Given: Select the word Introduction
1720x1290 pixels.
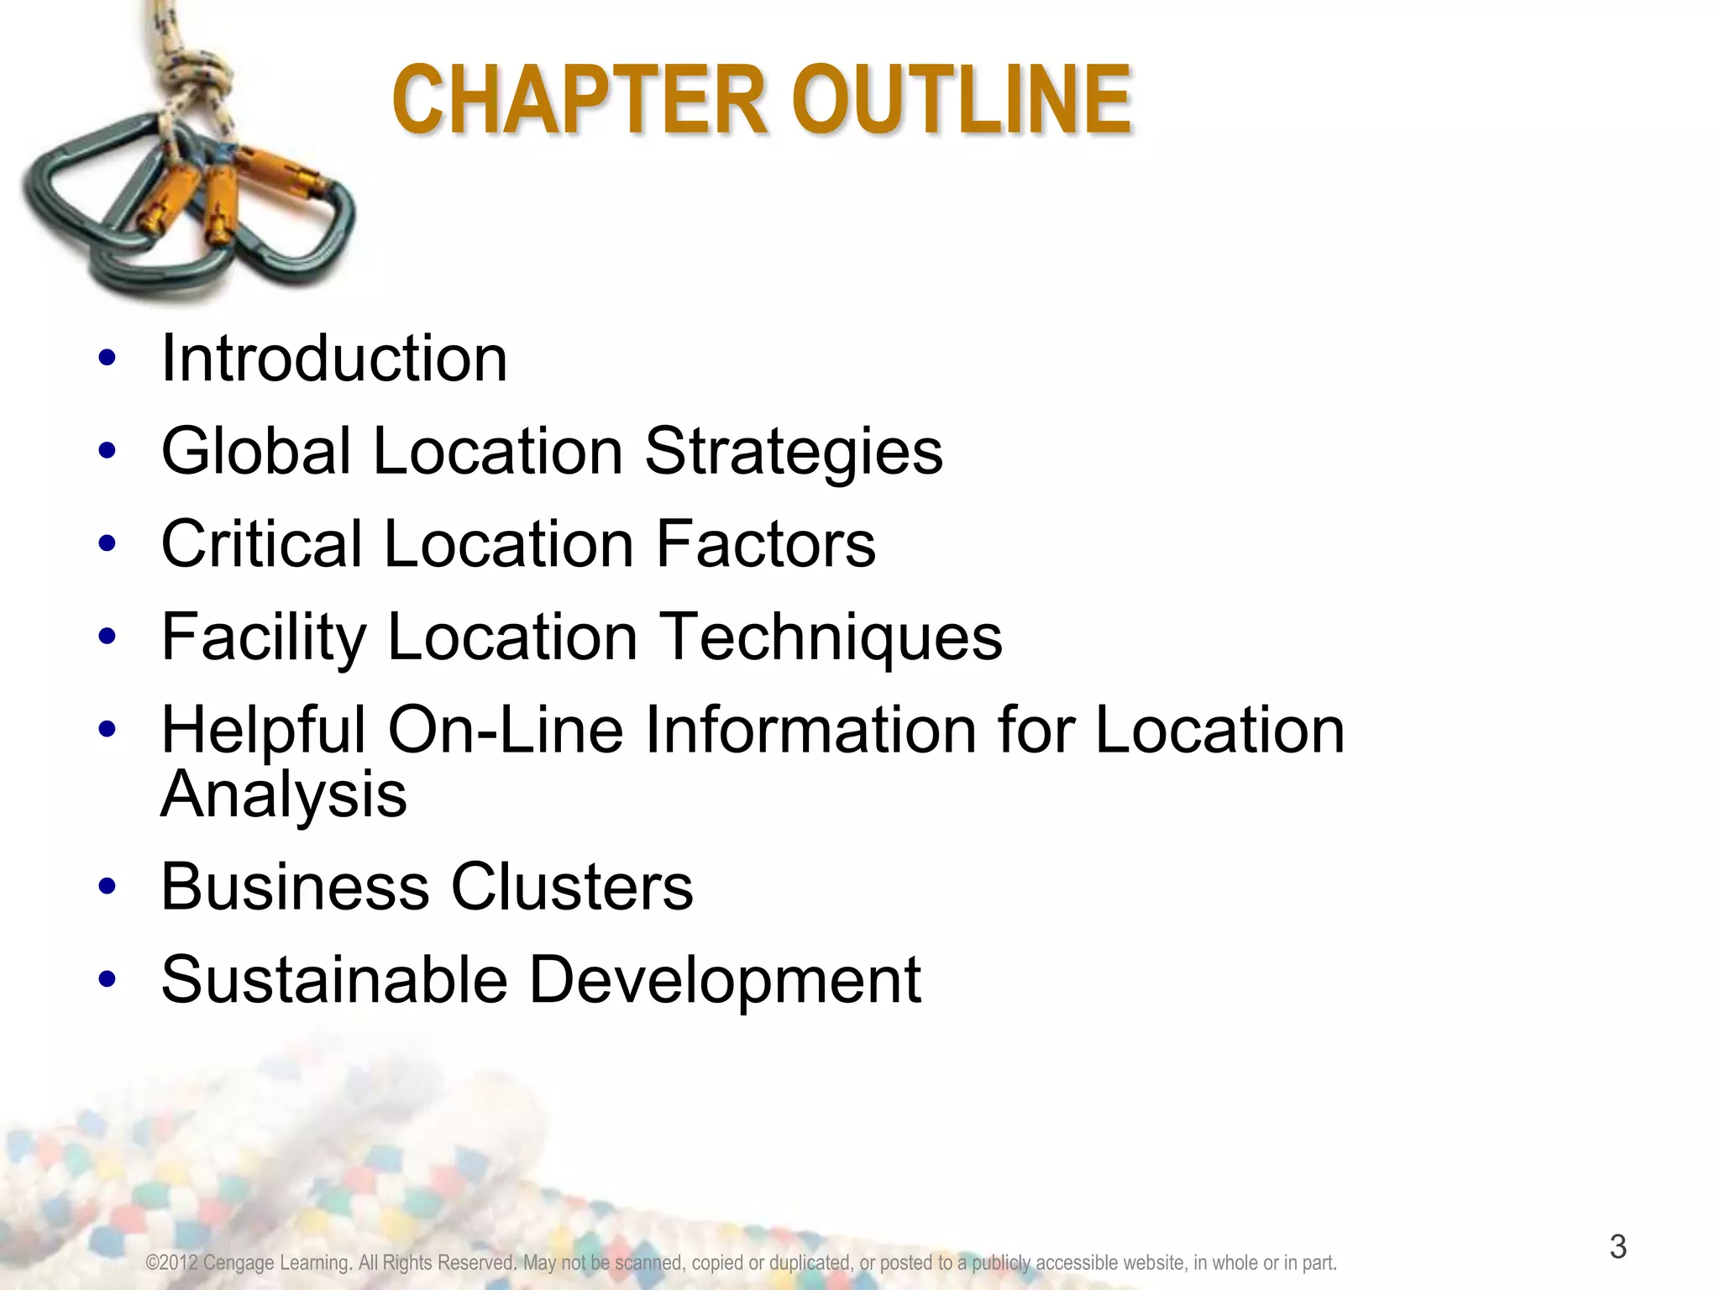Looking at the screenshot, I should (x=334, y=359).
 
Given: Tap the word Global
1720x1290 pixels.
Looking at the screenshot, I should (x=256, y=451).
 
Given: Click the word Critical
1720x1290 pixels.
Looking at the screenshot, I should (x=261, y=544).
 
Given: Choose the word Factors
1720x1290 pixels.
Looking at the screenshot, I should (x=766, y=544).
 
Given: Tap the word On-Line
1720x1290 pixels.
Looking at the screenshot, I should (x=506, y=729).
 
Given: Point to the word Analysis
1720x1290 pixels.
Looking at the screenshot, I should (x=284, y=794).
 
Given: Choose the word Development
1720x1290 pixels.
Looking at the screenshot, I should (x=726, y=981).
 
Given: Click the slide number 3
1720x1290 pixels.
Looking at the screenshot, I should (x=1618, y=1246).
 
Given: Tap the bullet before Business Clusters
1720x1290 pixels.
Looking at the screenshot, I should (x=107, y=887).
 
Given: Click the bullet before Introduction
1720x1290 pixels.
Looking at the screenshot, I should (x=107, y=359).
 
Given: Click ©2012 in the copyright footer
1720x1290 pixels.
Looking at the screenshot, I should (x=171, y=1263).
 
